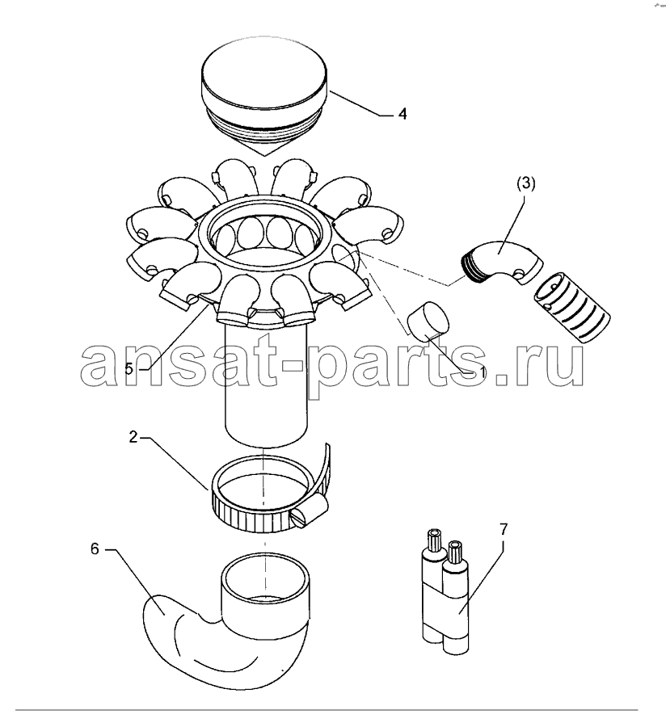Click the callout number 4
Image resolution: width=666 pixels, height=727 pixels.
(402, 114)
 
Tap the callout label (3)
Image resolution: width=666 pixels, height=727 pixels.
(526, 183)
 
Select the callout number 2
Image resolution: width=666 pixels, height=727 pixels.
(133, 437)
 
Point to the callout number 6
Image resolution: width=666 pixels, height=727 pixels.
(95, 549)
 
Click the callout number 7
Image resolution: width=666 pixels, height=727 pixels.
(504, 528)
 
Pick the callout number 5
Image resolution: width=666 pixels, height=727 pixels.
(129, 368)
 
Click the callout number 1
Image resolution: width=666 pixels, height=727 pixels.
(483, 372)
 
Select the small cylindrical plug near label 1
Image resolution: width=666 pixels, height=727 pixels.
(428, 321)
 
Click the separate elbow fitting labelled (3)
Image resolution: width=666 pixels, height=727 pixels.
(502, 263)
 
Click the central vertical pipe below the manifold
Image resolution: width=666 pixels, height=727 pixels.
(266, 385)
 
